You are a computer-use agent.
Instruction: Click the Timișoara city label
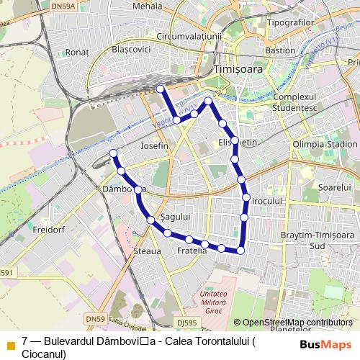240,68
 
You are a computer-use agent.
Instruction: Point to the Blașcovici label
132,50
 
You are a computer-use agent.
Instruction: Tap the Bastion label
280,51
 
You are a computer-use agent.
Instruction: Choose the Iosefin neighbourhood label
155,145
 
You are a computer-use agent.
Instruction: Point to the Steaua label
148,251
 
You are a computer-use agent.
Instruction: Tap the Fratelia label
192,251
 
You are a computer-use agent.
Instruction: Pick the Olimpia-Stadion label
325,144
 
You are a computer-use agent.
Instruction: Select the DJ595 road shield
186,323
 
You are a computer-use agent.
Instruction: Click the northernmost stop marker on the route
161,89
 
